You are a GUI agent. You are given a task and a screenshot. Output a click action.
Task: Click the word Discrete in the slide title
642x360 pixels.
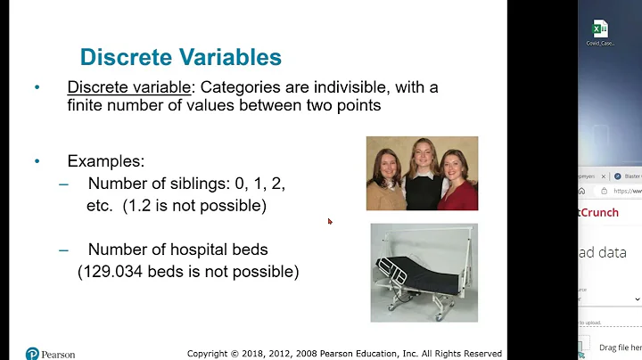click(x=124, y=58)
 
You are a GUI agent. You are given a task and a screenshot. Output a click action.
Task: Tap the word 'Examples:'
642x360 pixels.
click(x=105, y=161)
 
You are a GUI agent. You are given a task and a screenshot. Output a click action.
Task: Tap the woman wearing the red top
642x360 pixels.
click(x=458, y=183)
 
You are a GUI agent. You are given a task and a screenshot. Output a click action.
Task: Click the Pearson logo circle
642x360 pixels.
click(x=33, y=353)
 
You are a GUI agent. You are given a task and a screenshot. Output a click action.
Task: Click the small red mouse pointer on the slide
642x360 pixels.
click(x=330, y=221)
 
